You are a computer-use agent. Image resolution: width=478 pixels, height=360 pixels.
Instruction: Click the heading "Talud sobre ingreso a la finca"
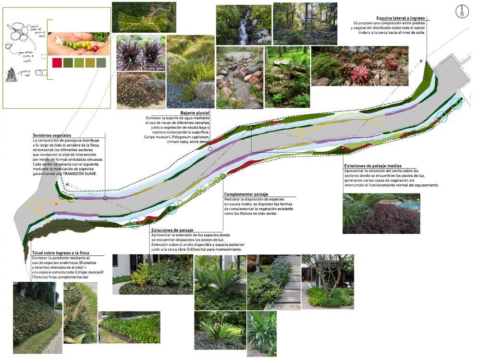tap(61, 252)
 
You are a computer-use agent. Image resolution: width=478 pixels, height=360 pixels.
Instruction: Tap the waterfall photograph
tap(243, 24)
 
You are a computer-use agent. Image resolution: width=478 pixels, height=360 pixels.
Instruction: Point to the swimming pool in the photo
tap(406, 205)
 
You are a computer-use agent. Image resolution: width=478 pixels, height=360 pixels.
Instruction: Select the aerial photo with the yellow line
tap(144, 17)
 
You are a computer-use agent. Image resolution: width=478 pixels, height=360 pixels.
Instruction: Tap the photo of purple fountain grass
tap(141, 52)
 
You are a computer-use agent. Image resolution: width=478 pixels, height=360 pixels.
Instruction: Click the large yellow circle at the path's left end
tap(35, 205)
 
